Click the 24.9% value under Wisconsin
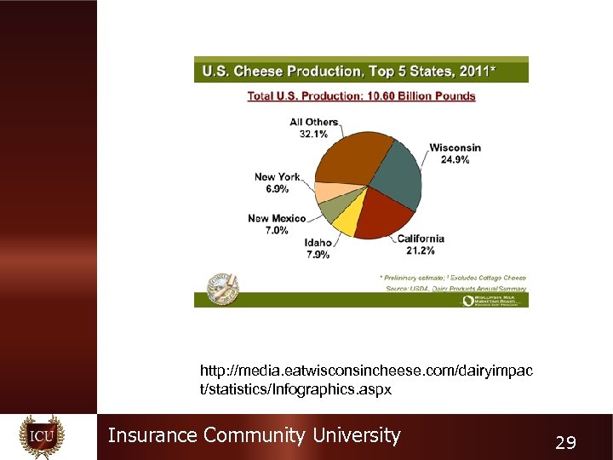[x=455, y=159]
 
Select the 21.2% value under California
[x=421, y=250]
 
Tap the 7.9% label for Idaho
[x=318, y=254]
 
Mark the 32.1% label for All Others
[x=313, y=134]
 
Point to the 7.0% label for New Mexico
[x=277, y=230]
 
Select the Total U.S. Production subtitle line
[x=361, y=96]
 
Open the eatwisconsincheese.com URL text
[x=366, y=380]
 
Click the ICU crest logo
[x=42, y=437]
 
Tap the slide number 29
[x=565, y=442]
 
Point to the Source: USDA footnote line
[x=455, y=288]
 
